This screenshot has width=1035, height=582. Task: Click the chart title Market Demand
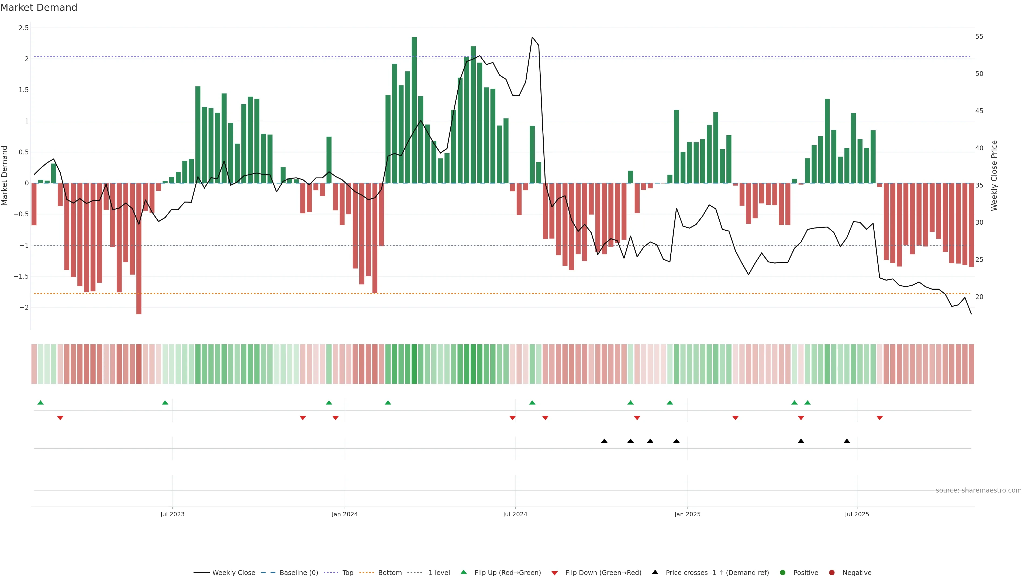(x=39, y=8)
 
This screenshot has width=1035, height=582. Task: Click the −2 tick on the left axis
(x=24, y=307)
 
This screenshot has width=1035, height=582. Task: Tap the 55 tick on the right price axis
(x=979, y=37)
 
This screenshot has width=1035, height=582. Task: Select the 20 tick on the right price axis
(x=979, y=297)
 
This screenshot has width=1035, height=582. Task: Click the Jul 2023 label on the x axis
(x=172, y=514)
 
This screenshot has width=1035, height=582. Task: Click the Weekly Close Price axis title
(x=994, y=175)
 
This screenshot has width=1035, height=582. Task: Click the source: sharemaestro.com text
(x=978, y=490)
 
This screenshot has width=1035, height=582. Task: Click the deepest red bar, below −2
(x=139, y=249)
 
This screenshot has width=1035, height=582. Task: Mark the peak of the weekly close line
(x=532, y=37)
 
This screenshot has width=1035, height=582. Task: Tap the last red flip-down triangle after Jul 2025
(x=879, y=418)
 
